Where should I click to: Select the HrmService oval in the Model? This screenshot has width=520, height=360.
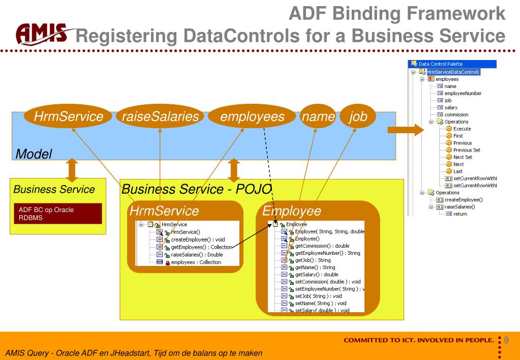click(68, 116)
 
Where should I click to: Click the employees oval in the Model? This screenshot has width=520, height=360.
click(252, 116)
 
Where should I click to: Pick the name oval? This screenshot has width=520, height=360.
click(317, 116)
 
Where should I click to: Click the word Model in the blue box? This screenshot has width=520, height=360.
click(34, 154)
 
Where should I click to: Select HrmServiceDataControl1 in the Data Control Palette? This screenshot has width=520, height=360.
click(455, 72)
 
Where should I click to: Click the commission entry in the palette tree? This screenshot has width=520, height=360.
click(456, 114)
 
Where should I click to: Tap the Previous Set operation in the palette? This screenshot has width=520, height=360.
click(466, 150)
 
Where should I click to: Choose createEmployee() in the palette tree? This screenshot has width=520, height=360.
click(463, 200)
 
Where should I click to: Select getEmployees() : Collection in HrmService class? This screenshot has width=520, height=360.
click(194, 247)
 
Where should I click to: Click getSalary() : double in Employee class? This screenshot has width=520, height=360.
click(316, 274)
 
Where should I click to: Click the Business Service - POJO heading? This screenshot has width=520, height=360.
click(196, 189)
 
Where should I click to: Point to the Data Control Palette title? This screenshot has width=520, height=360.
click(440, 64)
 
